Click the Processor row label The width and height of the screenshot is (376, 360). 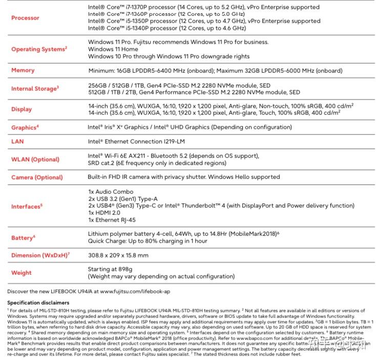click(25, 18)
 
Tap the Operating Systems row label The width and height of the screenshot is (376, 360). click(39, 49)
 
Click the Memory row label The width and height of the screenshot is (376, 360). click(23, 70)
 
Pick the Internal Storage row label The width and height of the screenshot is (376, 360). click(35, 89)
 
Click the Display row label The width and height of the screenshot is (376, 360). click(22, 109)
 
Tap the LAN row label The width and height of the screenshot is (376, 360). click(17, 141)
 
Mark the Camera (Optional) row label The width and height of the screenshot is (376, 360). click(37, 177)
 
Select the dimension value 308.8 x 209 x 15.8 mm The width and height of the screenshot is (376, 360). click(118, 255)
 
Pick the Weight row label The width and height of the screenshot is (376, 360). click(22, 273)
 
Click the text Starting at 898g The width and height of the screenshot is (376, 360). click(111, 269)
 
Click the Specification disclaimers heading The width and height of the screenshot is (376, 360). click(38, 303)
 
